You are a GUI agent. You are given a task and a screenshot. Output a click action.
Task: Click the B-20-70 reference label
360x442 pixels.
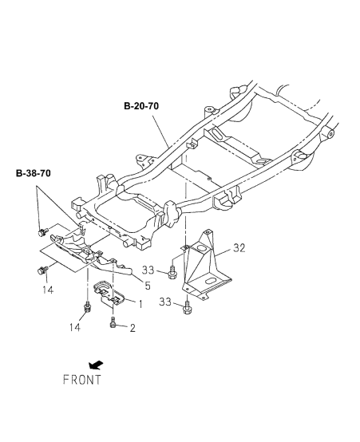point(141,106)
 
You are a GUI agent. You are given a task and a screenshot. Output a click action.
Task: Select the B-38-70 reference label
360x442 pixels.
point(34,173)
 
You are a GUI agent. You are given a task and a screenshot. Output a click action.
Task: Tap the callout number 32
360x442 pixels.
point(239,248)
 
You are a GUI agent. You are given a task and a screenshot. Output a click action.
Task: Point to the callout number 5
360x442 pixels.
point(148,286)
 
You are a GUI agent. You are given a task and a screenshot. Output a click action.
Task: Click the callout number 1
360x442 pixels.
point(140,304)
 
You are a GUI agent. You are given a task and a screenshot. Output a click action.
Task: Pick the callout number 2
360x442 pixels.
point(133,328)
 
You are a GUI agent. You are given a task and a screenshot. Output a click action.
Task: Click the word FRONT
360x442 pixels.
point(81,380)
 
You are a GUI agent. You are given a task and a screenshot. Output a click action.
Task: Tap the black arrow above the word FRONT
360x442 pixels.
point(96,365)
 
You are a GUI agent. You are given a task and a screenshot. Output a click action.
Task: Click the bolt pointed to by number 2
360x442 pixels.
point(113,322)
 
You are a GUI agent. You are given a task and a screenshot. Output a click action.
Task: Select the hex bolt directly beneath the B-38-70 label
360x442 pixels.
point(42,232)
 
